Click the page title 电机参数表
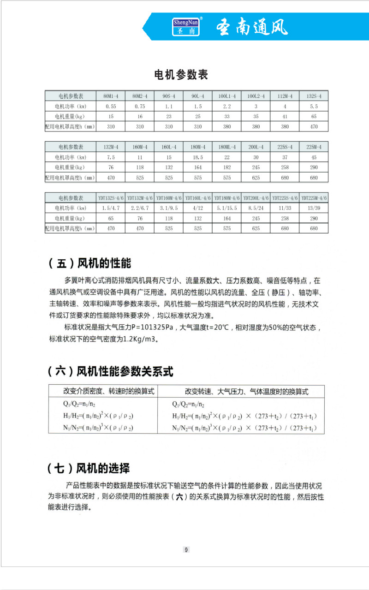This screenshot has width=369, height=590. tap(181, 75)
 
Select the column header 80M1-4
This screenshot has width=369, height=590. tap(111, 96)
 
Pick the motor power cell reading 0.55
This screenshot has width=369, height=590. tap(111, 107)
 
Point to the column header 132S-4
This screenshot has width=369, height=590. tap(314, 96)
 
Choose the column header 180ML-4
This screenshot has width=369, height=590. tap(227, 147)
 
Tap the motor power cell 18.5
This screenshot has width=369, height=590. tap(198, 157)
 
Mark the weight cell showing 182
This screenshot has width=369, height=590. tap(227, 167)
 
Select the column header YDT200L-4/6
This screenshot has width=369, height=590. tap(256, 198)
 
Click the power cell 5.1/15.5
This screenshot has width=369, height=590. tap(227, 208)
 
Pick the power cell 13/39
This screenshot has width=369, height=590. tap(314, 208)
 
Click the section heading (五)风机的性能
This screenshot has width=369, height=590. tap(89, 263)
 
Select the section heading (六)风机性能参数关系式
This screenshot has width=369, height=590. tap(111, 371)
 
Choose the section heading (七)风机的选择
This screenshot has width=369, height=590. tap(89, 469)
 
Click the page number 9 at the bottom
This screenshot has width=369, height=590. tap(186, 549)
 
